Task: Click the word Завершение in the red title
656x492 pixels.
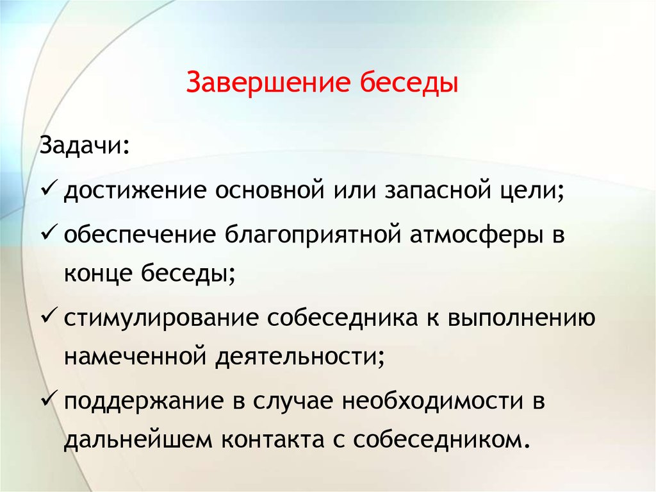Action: [268, 81]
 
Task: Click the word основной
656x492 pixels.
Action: [270, 191]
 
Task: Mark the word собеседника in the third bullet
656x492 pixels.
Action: [342, 317]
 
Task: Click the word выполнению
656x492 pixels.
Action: [521, 318]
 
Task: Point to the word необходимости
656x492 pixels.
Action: [433, 400]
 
